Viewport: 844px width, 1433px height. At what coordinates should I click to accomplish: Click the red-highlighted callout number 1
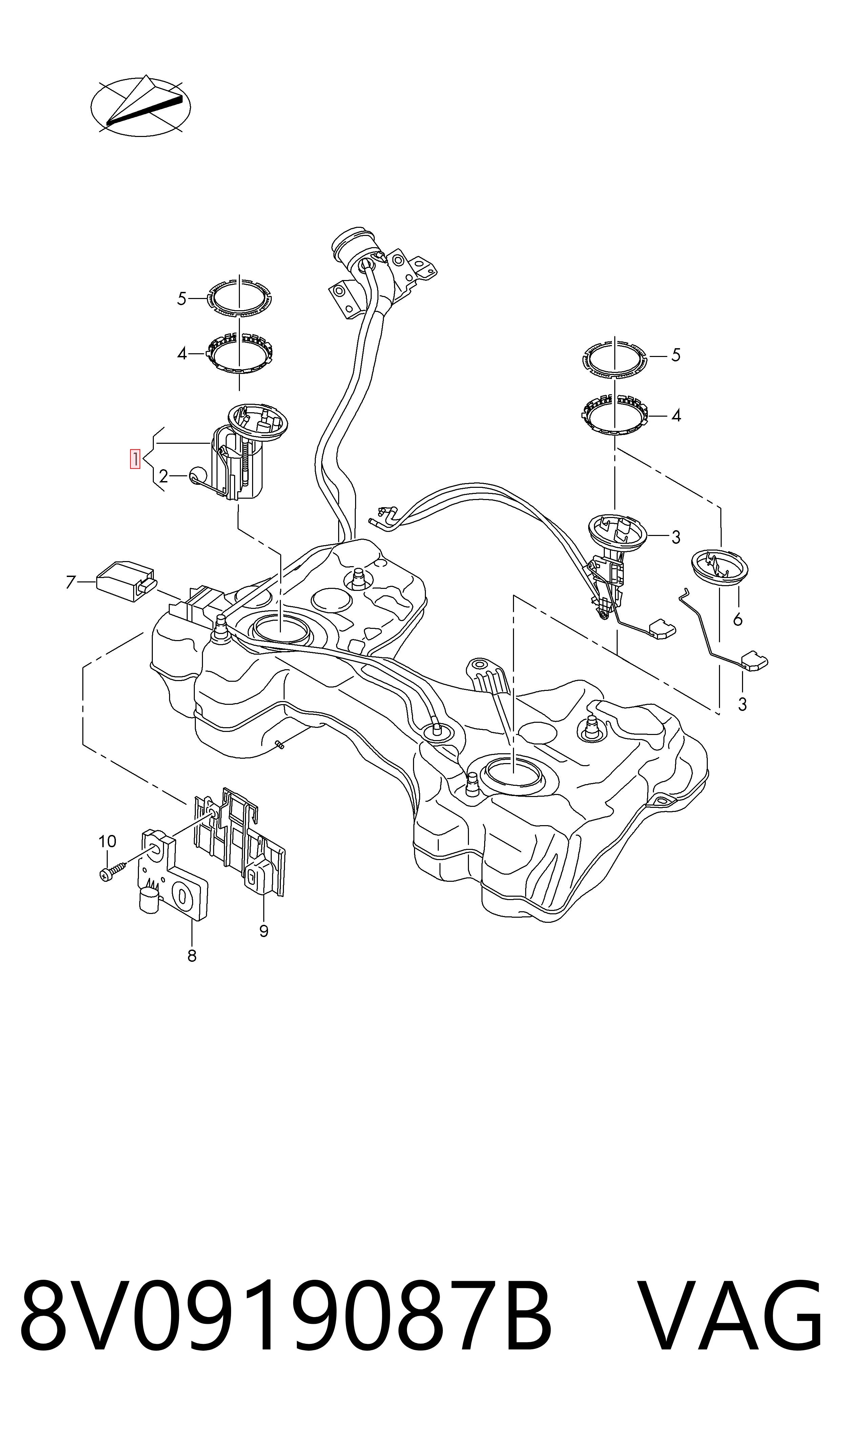pos(136,459)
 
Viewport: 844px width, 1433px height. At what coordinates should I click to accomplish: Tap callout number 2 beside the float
pos(164,476)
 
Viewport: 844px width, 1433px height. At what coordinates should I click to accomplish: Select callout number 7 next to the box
pos(70,582)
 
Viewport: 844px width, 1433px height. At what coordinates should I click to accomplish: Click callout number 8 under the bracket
pos(192,956)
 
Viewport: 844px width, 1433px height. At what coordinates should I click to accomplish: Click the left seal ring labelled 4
pos(239,354)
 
